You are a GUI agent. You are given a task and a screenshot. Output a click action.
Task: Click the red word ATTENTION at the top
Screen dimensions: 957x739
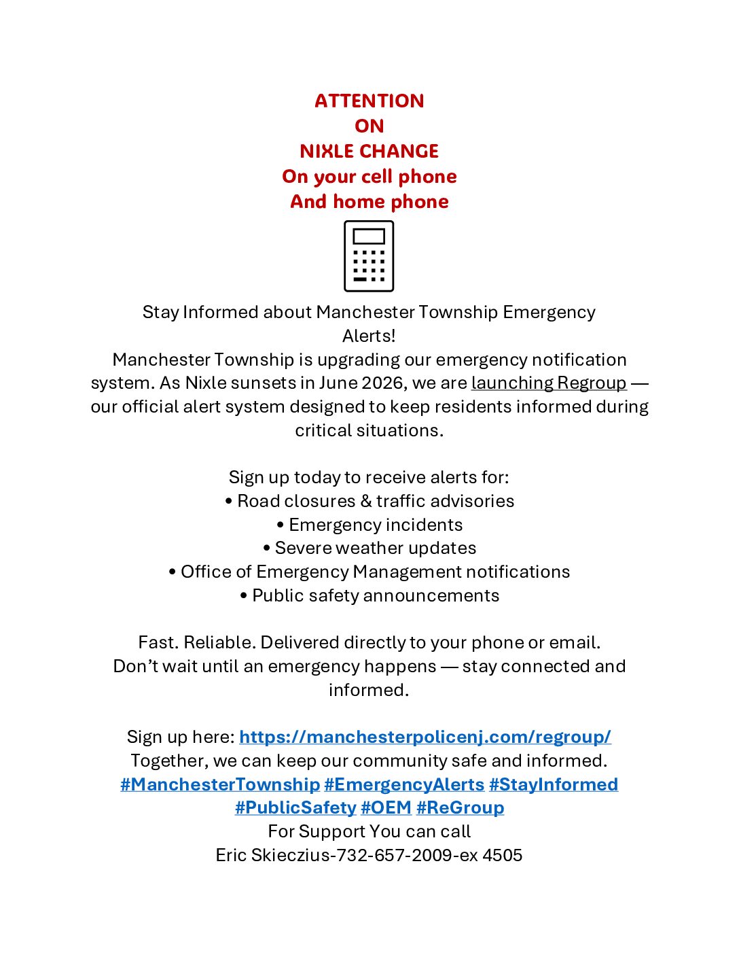369,101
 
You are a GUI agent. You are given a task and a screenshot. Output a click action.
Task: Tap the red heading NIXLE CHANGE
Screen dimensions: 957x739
369,151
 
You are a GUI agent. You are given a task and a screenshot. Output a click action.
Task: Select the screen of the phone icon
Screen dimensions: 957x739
369,237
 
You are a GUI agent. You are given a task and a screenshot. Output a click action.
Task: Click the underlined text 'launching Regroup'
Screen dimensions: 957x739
548,383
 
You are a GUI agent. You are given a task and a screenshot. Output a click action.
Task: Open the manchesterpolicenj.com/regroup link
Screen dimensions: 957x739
425,737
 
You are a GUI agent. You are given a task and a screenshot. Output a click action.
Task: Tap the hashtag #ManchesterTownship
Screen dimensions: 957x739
220,784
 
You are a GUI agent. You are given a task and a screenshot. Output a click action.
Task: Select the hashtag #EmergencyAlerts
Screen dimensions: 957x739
404,784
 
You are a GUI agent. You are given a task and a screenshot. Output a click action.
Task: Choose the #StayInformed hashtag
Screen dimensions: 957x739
553,784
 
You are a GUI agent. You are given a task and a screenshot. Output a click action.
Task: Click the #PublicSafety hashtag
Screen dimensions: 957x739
295,807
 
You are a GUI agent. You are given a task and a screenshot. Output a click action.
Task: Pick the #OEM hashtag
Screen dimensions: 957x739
386,807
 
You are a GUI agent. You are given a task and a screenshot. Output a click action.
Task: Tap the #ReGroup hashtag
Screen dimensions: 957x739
460,807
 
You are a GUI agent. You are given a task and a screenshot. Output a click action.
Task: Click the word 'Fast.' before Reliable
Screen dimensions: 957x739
158,642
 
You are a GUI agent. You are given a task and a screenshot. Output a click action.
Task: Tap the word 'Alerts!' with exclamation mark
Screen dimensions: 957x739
369,336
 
